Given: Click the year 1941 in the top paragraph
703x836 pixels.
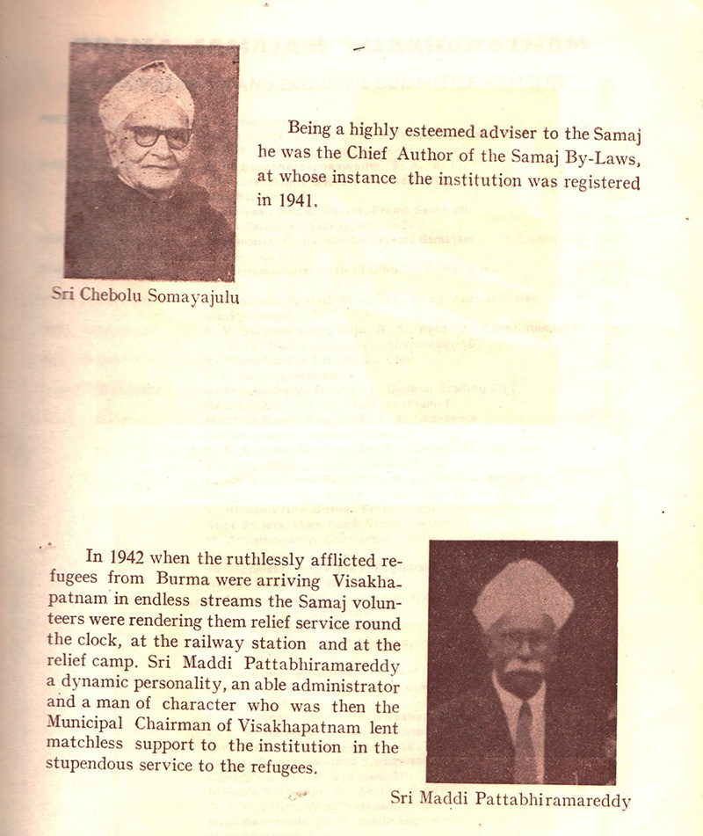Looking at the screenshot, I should click(296, 200).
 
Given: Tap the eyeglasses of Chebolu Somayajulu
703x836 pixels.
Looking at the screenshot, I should click(161, 136).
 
